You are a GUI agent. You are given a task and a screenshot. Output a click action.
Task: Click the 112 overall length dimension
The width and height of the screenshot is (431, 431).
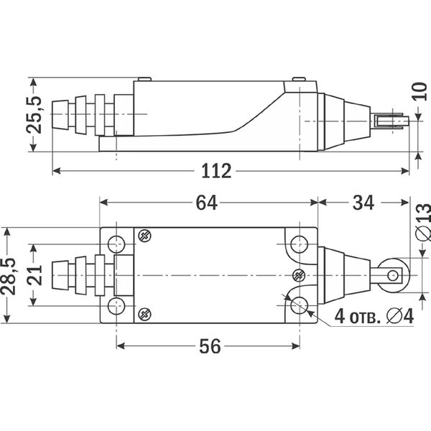pos(216,171)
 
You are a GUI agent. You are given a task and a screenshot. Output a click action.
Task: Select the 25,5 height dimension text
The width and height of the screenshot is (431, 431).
pos(34,115)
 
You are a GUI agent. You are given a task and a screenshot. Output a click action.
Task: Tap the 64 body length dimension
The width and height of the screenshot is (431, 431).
pos(206,203)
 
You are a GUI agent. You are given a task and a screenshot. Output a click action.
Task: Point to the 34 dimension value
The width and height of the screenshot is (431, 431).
pos(363,203)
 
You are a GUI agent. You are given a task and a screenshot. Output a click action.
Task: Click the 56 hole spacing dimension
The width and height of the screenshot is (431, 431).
pos(210,346)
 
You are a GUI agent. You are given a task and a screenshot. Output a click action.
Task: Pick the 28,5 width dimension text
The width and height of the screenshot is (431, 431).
pos(8,277)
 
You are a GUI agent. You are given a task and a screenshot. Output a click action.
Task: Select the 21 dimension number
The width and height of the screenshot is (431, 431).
pos(34,275)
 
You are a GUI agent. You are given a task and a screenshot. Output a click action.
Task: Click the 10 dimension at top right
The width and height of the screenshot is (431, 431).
pos(420,91)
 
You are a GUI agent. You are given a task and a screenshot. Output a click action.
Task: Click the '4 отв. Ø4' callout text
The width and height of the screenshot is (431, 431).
pos(374,316)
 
